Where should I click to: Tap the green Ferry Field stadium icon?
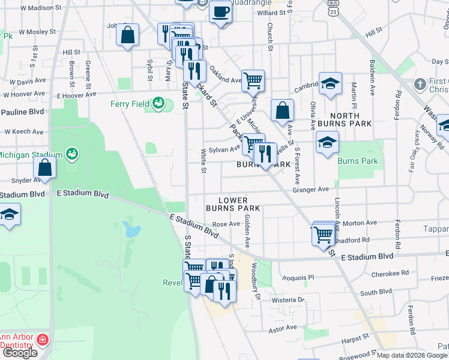[158, 104]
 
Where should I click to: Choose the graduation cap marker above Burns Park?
[328, 143]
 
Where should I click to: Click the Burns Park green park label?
[358, 161]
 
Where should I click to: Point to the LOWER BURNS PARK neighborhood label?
[232, 204]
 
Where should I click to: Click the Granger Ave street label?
[310, 189]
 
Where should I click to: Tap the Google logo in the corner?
[20, 353]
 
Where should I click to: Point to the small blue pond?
[132, 229]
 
